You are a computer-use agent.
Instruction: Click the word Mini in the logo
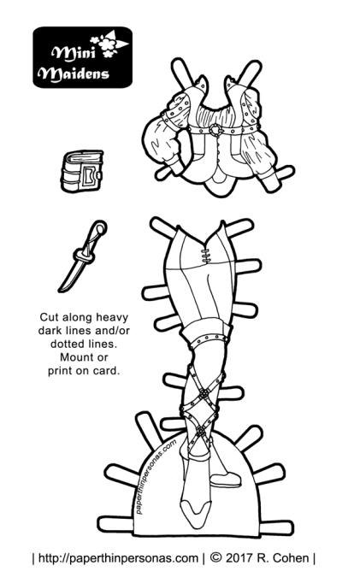(x=74, y=54)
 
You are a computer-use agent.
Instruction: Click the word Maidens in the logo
(x=75, y=74)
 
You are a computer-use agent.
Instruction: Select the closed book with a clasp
(x=82, y=171)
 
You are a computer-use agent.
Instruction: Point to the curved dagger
(x=82, y=256)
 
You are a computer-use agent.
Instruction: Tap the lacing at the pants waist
(x=205, y=256)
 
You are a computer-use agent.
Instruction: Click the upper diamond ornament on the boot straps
(x=203, y=395)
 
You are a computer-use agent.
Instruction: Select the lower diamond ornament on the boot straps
(x=201, y=431)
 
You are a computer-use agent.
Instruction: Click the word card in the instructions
(x=107, y=370)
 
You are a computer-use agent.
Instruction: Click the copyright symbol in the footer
(x=216, y=558)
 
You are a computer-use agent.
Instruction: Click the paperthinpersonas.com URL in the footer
(x=118, y=558)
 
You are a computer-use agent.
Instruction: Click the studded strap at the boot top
(x=210, y=339)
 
